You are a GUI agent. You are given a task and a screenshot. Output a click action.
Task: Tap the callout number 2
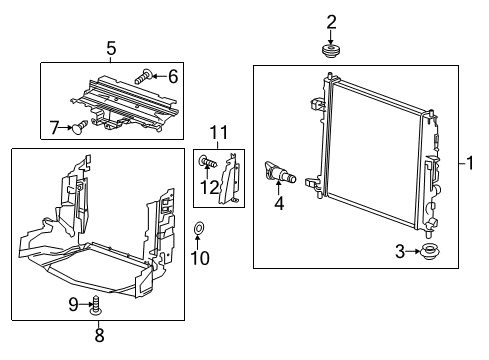(331, 20)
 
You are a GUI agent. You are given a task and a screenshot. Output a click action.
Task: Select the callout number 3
(400, 251)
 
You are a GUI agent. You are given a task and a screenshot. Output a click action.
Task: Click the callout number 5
(111, 46)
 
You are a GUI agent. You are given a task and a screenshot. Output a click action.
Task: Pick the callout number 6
(172, 74)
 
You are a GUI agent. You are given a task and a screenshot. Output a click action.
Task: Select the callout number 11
(218, 131)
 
